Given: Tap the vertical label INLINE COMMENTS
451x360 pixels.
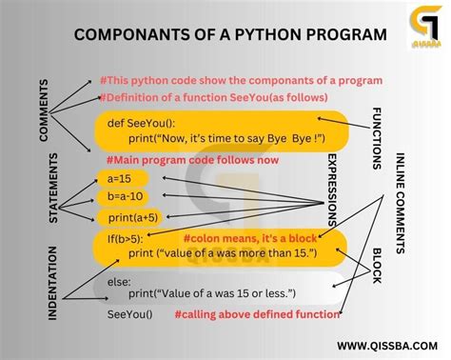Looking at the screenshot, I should (400, 205).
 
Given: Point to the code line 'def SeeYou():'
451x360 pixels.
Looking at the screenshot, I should (140, 122).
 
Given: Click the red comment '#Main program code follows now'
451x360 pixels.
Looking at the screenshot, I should (193, 159).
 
